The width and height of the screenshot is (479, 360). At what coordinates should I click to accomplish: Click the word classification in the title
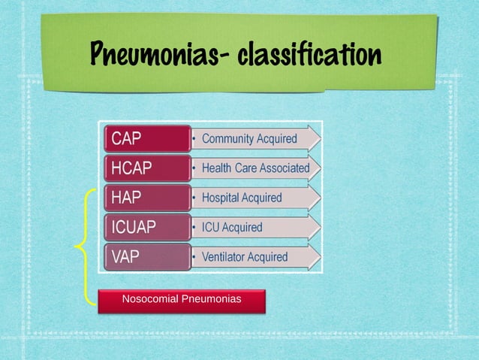click(311, 54)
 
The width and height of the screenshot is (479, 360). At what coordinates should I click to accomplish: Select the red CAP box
click(146, 138)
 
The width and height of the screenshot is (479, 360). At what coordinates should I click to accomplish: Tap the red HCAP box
click(146, 168)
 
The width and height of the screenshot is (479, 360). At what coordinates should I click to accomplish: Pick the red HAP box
click(146, 197)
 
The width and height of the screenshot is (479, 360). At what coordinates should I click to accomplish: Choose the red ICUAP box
click(146, 226)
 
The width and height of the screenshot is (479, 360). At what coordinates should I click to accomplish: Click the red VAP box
click(146, 256)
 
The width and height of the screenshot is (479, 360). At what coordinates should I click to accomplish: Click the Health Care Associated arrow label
click(255, 168)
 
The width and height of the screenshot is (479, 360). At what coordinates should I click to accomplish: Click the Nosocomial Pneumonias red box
click(182, 300)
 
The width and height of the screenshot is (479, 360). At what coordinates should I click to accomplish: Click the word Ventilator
click(223, 256)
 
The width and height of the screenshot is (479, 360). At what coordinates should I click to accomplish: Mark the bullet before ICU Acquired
click(194, 227)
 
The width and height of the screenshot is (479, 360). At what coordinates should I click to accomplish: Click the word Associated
click(284, 168)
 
